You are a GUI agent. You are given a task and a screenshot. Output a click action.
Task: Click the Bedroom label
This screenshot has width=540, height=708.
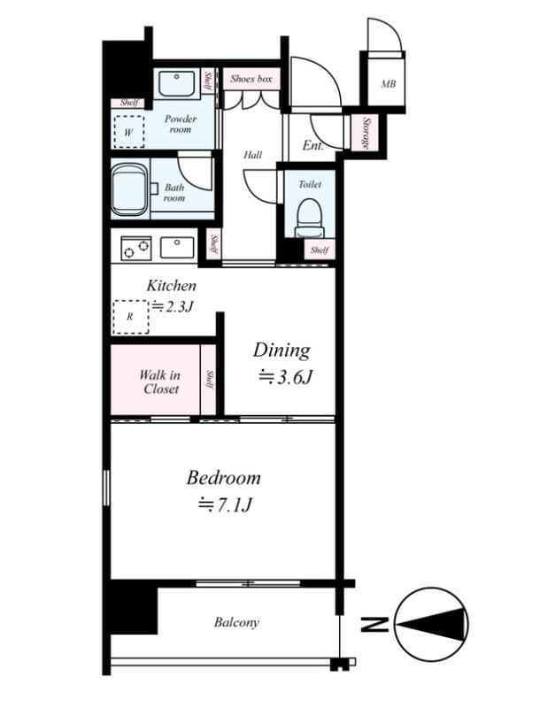223,478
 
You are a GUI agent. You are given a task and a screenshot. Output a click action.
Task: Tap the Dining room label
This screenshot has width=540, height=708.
282,350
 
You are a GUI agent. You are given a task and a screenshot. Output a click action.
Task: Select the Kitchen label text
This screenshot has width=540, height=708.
171,286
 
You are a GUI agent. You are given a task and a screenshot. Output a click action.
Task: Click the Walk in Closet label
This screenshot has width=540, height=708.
159,381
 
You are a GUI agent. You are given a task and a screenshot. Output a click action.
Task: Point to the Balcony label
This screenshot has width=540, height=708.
236,622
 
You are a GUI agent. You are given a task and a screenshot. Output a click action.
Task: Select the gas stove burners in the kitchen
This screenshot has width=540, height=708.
137,248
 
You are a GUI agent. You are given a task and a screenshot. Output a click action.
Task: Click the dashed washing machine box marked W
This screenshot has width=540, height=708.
129,131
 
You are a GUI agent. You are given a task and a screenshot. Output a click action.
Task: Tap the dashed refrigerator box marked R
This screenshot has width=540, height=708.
130,316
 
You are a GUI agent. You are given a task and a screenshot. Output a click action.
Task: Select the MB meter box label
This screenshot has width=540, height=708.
388,85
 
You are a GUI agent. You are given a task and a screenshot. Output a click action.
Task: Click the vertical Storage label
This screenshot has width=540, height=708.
364,133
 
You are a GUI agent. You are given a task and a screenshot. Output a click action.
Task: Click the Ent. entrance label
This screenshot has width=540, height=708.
312,146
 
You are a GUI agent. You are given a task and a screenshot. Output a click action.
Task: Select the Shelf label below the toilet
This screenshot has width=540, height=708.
319,250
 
